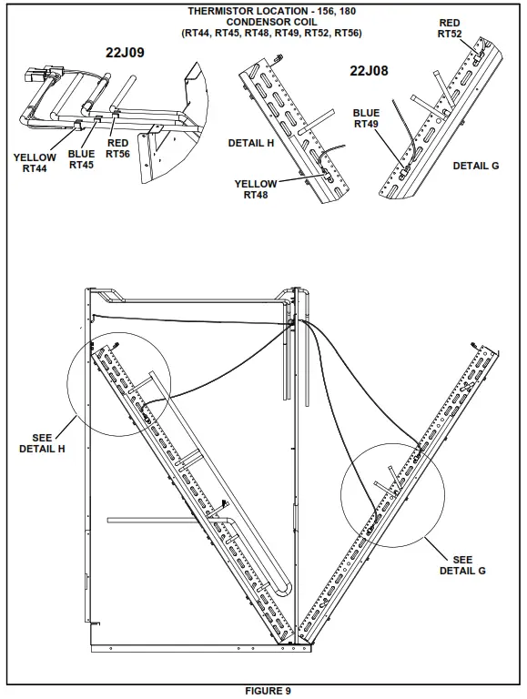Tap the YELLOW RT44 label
35,164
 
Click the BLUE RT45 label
81,159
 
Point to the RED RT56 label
118,149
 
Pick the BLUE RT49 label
366,118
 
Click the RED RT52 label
450,28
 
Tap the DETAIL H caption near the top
251,143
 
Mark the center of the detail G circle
393,495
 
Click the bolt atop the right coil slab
477,345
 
